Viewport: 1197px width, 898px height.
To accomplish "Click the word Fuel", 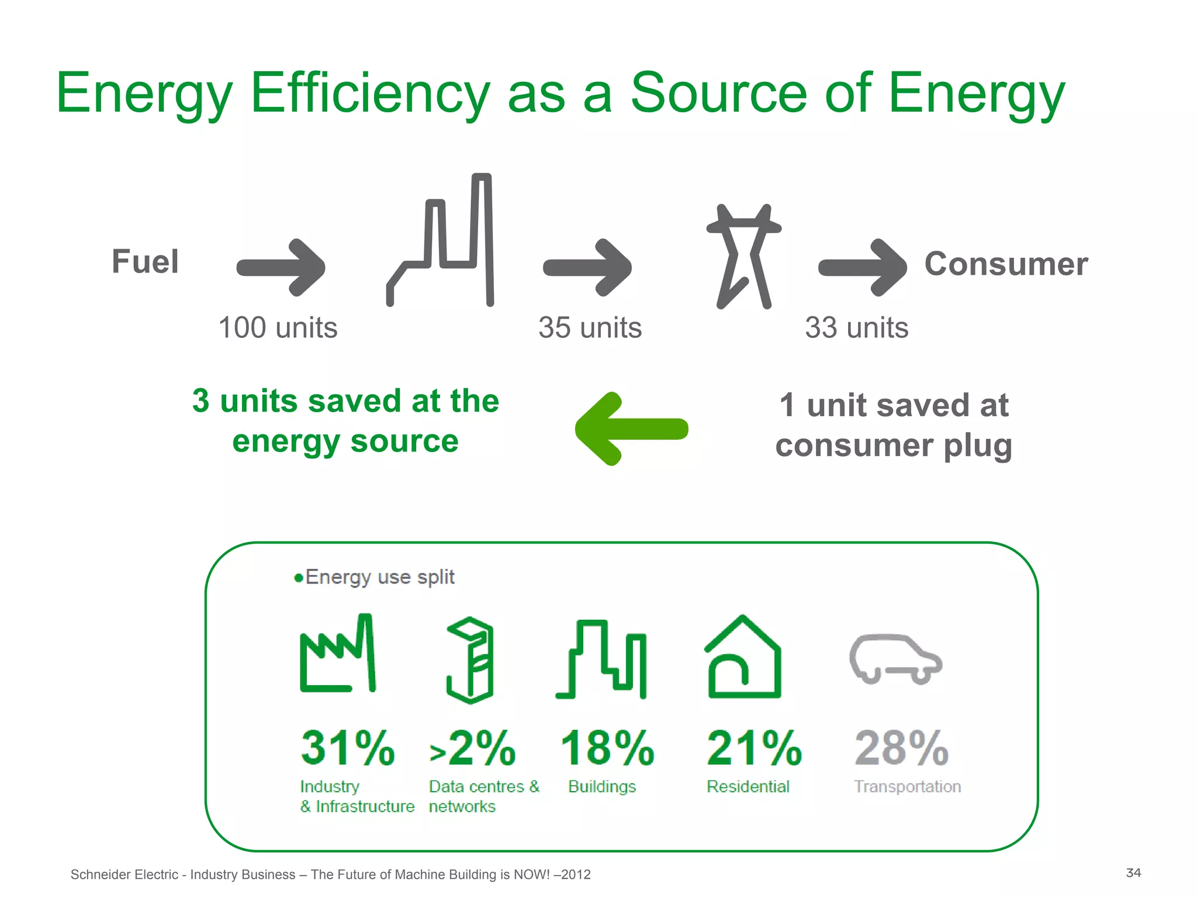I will tap(145, 261).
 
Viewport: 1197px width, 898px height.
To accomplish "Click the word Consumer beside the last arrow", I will tap(1006, 264).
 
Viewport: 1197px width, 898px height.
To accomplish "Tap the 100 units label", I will tap(278, 327).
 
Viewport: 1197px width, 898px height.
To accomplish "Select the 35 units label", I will tap(590, 327).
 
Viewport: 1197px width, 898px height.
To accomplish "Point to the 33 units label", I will tap(856, 327).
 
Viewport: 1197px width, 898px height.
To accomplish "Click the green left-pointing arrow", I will tap(631, 429).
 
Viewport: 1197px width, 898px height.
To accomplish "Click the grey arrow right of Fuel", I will tap(281, 267).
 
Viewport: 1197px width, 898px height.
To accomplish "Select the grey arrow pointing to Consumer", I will tap(863, 267).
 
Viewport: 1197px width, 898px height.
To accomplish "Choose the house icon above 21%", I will tap(743, 658).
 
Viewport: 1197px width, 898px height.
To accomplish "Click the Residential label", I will tap(748, 786).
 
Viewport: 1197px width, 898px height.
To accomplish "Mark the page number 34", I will tap(1133, 873).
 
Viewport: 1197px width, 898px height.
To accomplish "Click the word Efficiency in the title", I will tap(370, 94).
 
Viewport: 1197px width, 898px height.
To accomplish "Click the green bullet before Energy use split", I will tap(299, 578).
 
